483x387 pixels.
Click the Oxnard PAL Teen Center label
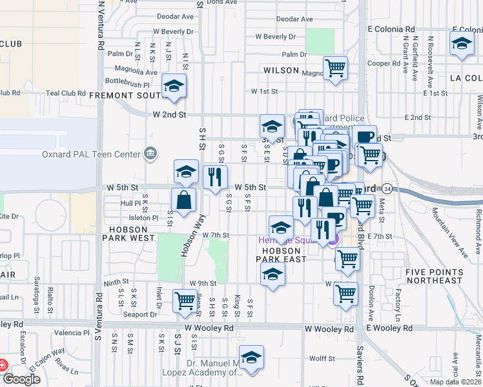point(94,154)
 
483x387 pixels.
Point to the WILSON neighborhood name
point(281,70)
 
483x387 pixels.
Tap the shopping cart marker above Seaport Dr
point(185,301)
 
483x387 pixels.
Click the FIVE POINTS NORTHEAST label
point(434,277)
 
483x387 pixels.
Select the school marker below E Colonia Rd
point(461,45)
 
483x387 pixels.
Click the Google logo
point(21,379)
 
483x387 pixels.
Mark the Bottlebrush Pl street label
point(127,84)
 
